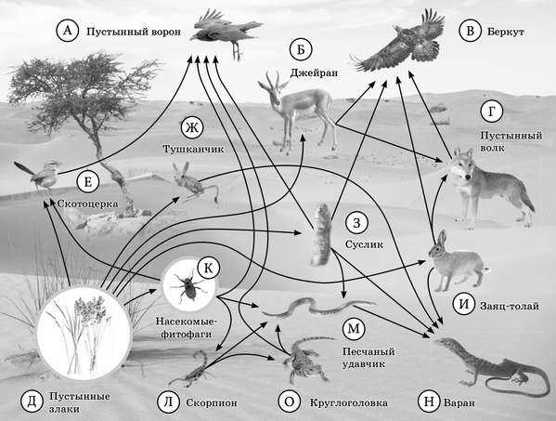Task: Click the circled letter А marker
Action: (68, 31)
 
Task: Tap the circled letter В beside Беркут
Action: (471, 31)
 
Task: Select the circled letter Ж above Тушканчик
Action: (192, 128)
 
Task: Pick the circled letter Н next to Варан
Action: (429, 401)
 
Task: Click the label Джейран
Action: (314, 73)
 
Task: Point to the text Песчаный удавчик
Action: (369, 358)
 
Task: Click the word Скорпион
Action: (212, 403)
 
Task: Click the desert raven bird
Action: (226, 33)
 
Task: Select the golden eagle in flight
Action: (399, 41)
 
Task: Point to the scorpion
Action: (191, 368)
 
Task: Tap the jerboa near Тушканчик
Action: (194, 183)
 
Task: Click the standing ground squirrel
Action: (321, 234)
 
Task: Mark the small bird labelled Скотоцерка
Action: (40, 174)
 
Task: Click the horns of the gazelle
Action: (274, 78)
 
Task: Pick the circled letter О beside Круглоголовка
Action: (290, 401)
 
